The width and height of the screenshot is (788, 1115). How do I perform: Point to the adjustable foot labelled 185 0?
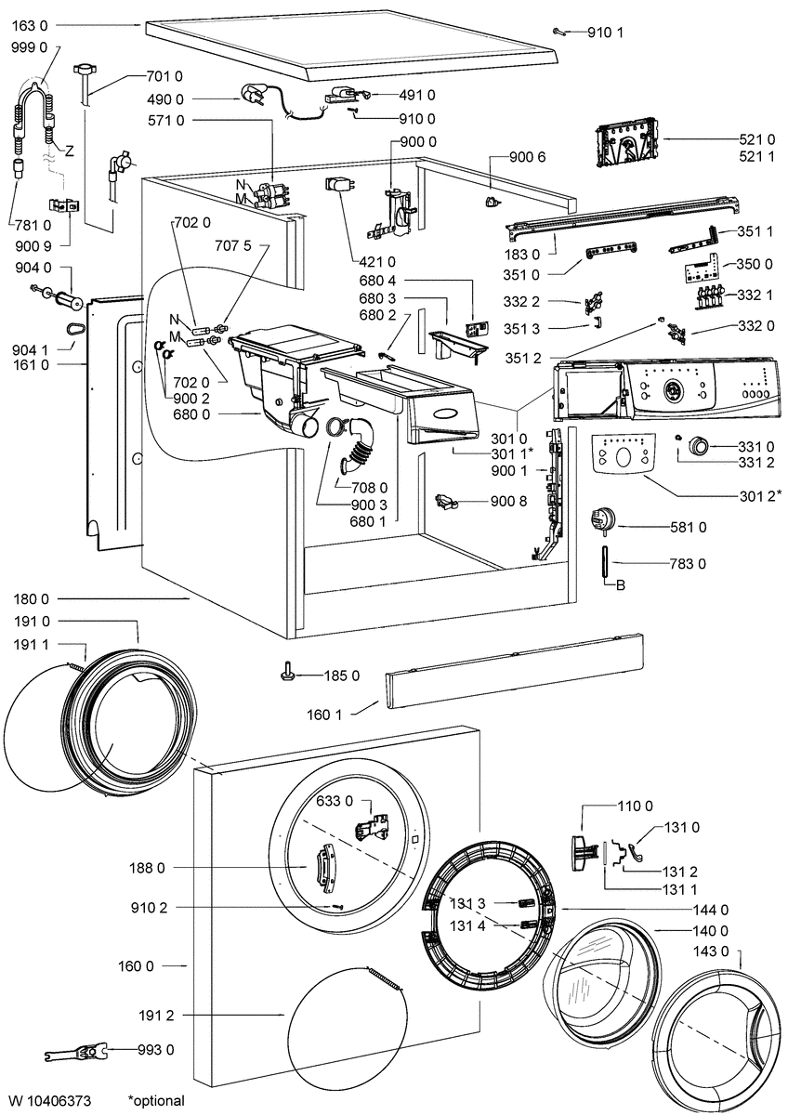pos(290,674)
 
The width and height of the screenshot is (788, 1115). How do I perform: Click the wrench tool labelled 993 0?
pos(78,1051)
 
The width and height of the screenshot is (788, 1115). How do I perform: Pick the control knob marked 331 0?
pos(698,445)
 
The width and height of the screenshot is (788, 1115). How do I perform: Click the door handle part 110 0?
pos(583,853)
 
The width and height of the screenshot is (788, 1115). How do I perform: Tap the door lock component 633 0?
pos(371,829)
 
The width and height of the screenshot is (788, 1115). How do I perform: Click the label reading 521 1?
pos(756,157)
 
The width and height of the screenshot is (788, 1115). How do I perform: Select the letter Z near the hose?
pos(69,151)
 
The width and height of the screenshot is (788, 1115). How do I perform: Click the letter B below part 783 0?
pos(621,585)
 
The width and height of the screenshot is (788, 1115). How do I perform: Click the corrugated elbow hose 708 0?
pos(357,443)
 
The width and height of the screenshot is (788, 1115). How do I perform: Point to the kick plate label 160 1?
pos(324,715)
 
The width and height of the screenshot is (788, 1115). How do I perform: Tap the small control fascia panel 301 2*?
pos(623,454)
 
